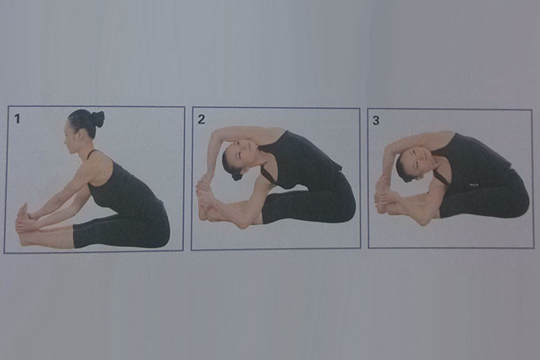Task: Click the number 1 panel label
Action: point(17,119)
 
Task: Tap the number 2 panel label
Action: point(201,119)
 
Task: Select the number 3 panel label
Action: point(376,120)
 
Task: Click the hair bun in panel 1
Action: point(97,119)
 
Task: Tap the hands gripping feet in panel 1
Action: point(24,220)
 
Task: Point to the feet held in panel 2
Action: point(206,198)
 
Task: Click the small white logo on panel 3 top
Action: point(473,185)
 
